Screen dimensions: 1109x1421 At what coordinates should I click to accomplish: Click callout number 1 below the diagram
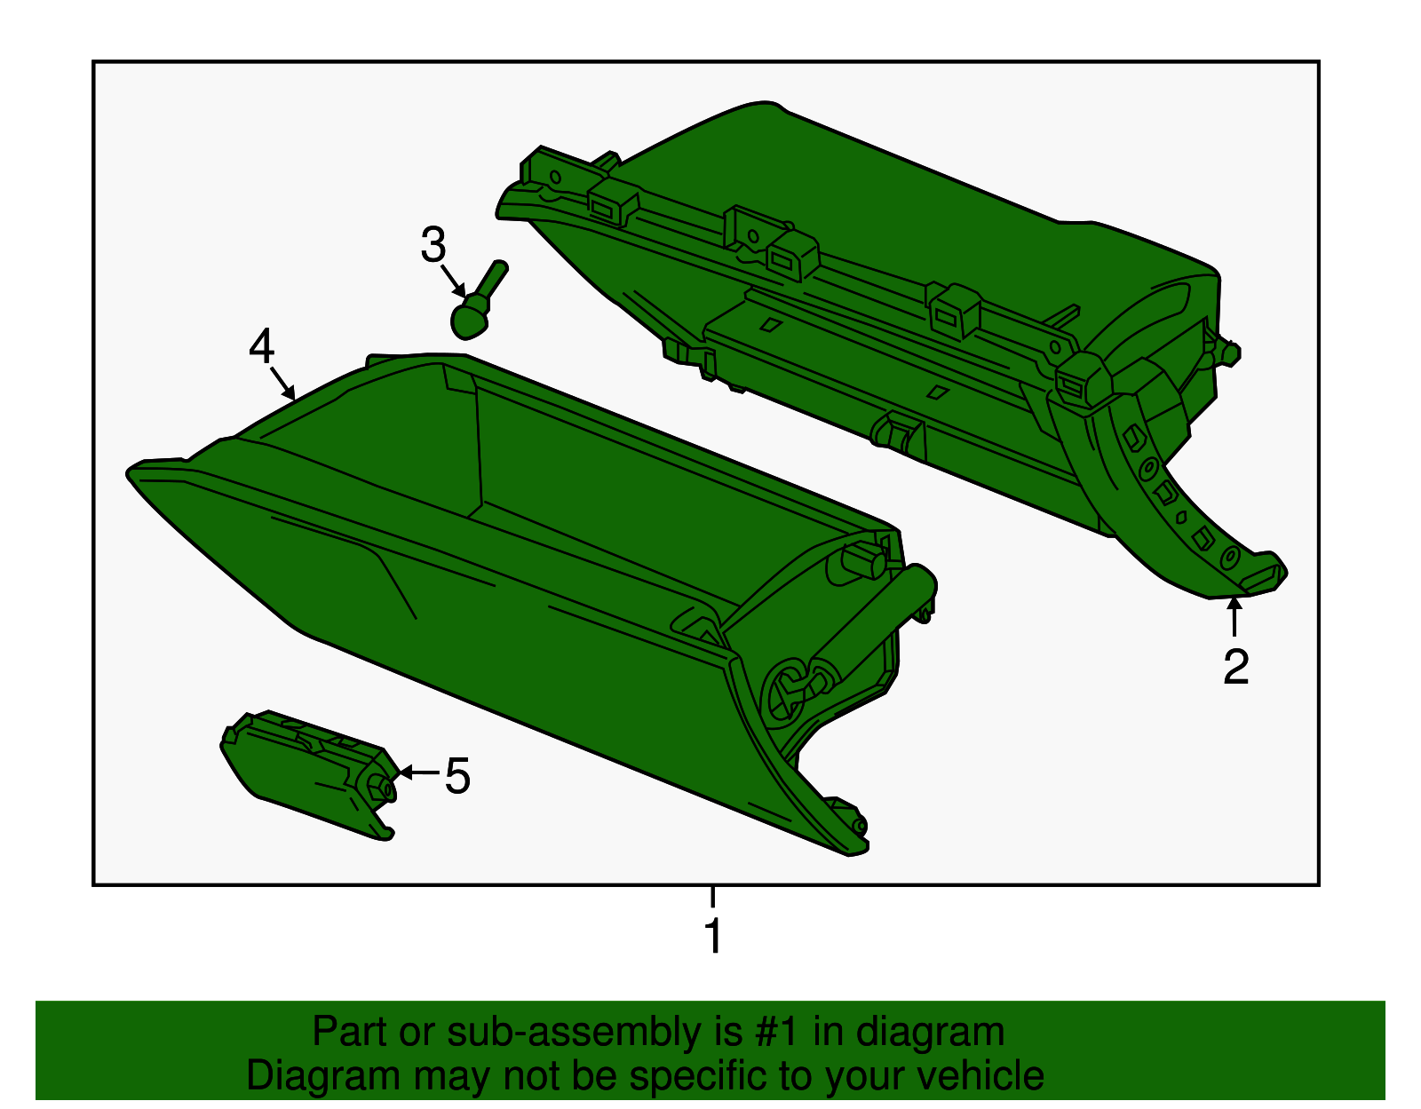(712, 937)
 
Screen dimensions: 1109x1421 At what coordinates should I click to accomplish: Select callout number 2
(1235, 667)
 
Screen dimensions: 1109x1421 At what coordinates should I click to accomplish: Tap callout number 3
(433, 245)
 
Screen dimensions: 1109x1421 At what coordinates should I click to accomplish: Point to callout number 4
(261, 346)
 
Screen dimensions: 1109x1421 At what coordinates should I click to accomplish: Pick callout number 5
(457, 776)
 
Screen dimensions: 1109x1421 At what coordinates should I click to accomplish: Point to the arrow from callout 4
(283, 384)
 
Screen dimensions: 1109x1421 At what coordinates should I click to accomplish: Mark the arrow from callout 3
(455, 282)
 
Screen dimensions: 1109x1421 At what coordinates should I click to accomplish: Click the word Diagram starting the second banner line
(323, 1076)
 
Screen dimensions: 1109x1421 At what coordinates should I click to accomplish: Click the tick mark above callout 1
(712, 896)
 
